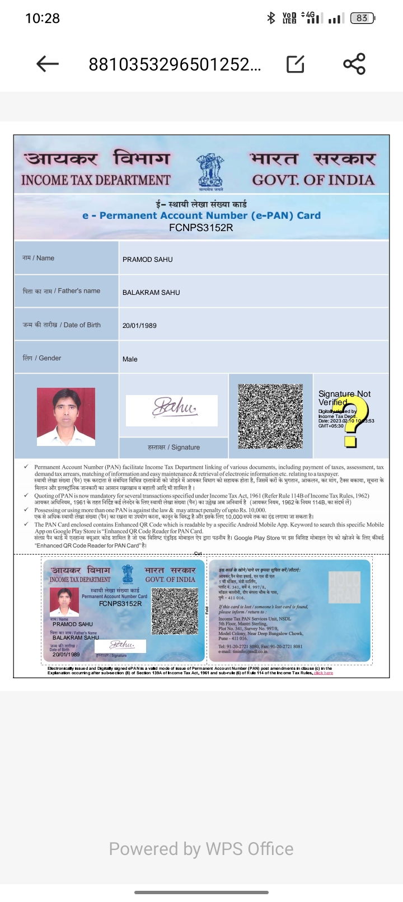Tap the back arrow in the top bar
click(48, 64)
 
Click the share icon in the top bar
click(354, 64)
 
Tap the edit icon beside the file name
click(295, 64)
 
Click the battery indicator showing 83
click(362, 18)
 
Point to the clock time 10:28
click(43, 18)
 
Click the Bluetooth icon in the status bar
click(271, 18)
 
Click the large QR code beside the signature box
click(270, 416)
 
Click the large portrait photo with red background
click(66, 417)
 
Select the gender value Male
click(130, 359)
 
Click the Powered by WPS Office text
click(201, 849)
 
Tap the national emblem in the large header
click(210, 172)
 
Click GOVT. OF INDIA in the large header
click(313, 180)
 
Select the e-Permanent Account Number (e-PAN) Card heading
click(201, 215)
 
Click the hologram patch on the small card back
click(344, 587)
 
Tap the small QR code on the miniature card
click(175, 611)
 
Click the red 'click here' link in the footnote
click(324, 673)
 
